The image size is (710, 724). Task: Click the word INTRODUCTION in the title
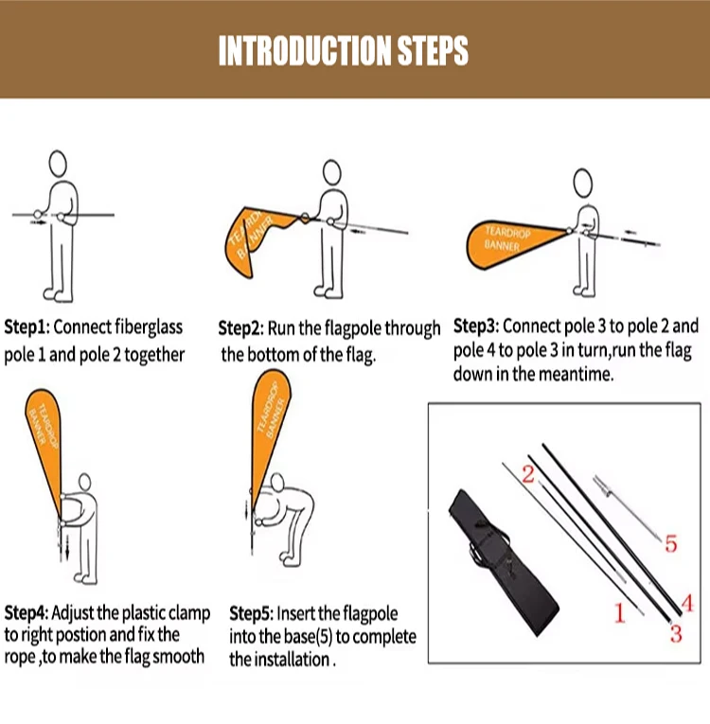tap(306, 50)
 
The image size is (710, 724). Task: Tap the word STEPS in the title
tap(433, 50)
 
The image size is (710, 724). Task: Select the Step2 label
tap(240, 328)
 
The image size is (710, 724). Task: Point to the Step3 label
tap(476, 327)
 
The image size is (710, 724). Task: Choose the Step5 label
tap(252, 613)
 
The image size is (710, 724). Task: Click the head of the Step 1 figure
tap(58, 164)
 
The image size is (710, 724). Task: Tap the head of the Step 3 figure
tap(582, 183)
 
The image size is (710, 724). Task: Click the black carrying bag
tap(503, 562)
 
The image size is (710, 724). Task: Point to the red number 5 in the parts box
tap(671, 543)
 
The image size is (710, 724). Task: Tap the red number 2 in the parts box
tap(528, 474)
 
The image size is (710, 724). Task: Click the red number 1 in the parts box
tap(619, 612)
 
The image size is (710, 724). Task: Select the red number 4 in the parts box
tap(687, 603)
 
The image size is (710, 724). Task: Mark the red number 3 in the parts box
tap(676, 634)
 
